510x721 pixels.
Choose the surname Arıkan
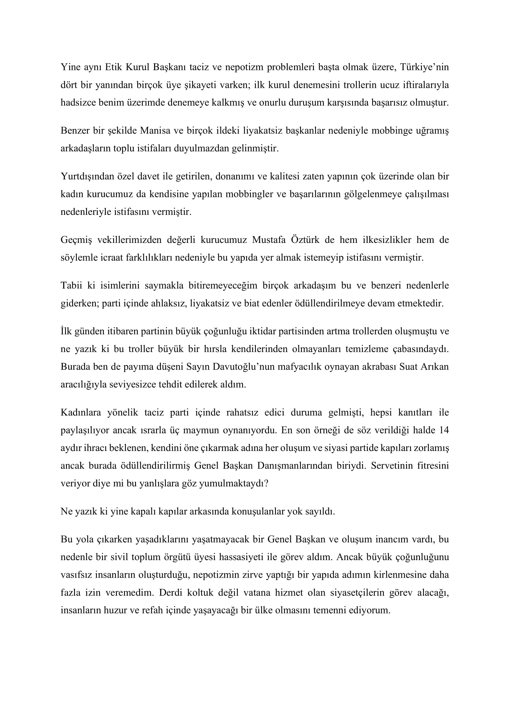pyautogui.click(x=436, y=367)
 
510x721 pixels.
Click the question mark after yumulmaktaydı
pyautogui.click(x=266, y=483)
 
